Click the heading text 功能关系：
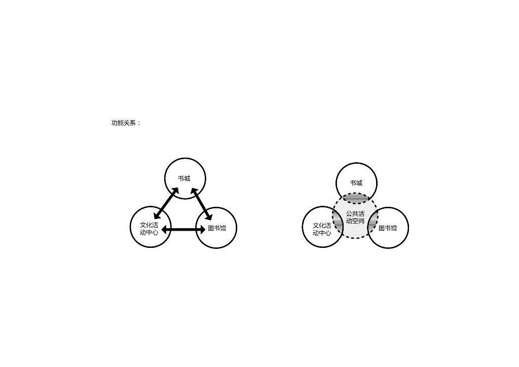pyautogui.click(x=126, y=123)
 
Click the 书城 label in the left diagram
pyautogui.click(x=184, y=178)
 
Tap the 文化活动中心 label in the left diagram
pyautogui.click(x=149, y=229)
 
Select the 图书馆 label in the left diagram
pyautogui.click(x=217, y=228)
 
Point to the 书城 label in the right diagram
pyautogui.click(x=356, y=183)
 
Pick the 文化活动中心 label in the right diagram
pyautogui.click(x=322, y=229)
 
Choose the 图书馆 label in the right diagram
pyautogui.click(x=388, y=228)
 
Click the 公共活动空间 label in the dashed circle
pyautogui.click(x=355, y=217)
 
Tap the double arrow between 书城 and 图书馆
pyautogui.click(x=201, y=204)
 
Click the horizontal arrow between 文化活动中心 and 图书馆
pyautogui.click(x=183, y=230)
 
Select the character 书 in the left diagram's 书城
pyautogui.click(x=181, y=178)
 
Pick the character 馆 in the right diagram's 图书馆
pyautogui.click(x=394, y=228)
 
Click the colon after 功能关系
pyautogui.click(x=139, y=123)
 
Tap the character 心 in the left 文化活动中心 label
pyautogui.click(x=155, y=233)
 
